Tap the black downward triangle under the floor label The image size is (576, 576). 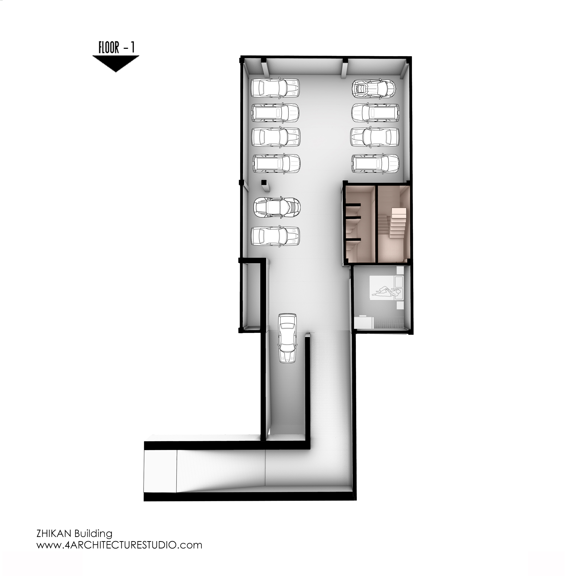pyautogui.click(x=116, y=63)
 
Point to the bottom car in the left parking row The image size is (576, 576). pyautogui.click(x=275, y=236)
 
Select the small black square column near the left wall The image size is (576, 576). pyautogui.click(x=263, y=182)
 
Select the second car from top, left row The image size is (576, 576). pyautogui.click(x=275, y=113)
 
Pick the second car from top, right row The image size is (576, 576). pyautogui.click(x=375, y=113)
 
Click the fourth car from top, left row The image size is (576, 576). pyautogui.click(x=276, y=163)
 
